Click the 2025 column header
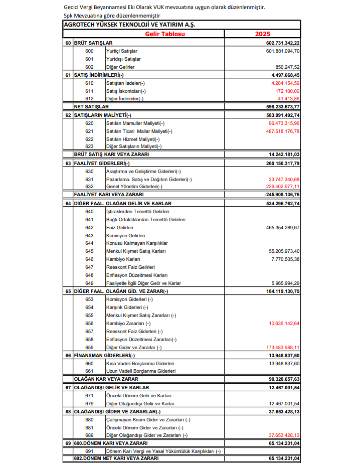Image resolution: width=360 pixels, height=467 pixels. pos(262,34)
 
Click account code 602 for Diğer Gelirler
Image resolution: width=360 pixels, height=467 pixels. pos(89,67)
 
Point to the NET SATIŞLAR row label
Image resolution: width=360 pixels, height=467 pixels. pos(91,107)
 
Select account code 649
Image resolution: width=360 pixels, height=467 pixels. pos(89,283)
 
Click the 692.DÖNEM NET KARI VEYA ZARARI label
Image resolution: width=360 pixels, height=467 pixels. pos(116,458)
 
